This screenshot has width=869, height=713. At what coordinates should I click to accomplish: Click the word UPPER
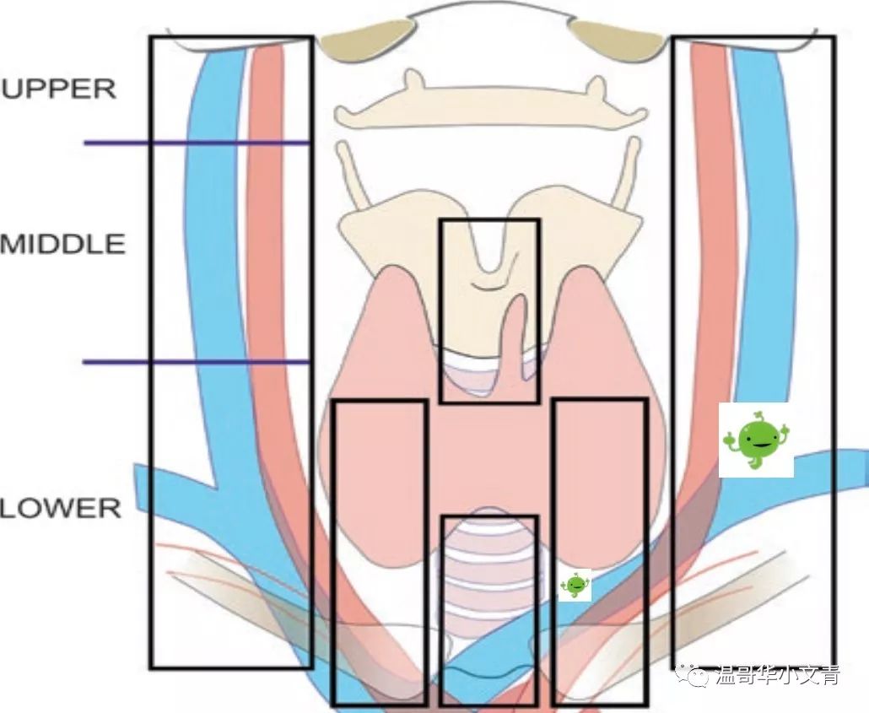pos(58,89)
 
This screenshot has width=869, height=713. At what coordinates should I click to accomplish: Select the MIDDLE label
pos(63,244)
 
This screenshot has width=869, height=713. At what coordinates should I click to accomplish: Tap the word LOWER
pos(61,508)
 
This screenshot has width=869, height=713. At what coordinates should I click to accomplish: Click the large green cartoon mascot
pos(755,440)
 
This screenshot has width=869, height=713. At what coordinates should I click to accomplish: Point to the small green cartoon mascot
pos(575,585)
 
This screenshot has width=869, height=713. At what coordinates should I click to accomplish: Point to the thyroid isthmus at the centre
pos(489,456)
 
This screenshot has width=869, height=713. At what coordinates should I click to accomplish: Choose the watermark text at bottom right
pos(777,675)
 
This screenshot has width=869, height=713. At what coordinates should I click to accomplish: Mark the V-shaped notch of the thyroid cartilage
pos(488,253)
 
